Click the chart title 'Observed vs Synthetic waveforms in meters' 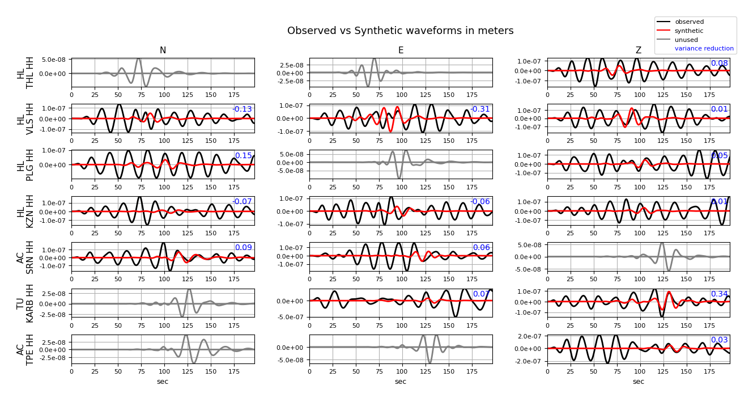coord(400,31)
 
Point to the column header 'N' coord(163,50)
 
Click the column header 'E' coord(401,50)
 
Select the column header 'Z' coord(639,50)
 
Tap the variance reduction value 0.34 coord(719,294)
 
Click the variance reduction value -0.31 coord(480,109)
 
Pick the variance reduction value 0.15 coord(243,156)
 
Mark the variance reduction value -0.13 coord(242,109)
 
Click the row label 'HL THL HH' coord(25,73)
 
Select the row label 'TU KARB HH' coord(25,303)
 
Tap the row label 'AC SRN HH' coord(25,257)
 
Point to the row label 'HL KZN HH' coord(25,211)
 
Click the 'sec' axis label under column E coord(401,382)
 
